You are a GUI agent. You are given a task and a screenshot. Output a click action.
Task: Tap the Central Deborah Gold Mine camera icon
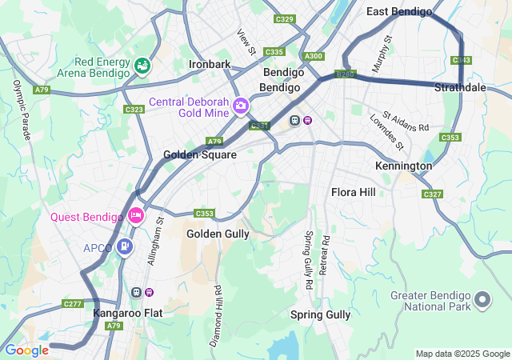click(x=240, y=106)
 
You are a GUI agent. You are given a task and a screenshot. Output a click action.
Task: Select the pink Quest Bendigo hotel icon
click(x=135, y=215)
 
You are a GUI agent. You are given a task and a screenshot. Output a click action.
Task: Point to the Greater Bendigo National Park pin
click(x=482, y=300)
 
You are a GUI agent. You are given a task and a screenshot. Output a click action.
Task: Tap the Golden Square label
click(x=200, y=154)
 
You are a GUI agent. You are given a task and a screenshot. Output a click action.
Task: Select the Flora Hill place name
click(x=353, y=192)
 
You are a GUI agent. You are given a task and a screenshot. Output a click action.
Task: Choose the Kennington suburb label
click(x=403, y=166)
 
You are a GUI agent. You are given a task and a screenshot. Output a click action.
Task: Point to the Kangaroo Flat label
click(x=127, y=313)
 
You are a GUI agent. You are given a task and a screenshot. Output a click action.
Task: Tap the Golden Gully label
click(x=218, y=233)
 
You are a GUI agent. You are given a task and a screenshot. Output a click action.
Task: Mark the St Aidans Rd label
click(x=406, y=122)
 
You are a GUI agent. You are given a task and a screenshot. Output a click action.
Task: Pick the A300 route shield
click(x=314, y=56)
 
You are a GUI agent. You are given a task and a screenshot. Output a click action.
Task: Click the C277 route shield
click(x=73, y=303)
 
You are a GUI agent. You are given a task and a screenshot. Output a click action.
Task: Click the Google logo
click(x=26, y=350)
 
